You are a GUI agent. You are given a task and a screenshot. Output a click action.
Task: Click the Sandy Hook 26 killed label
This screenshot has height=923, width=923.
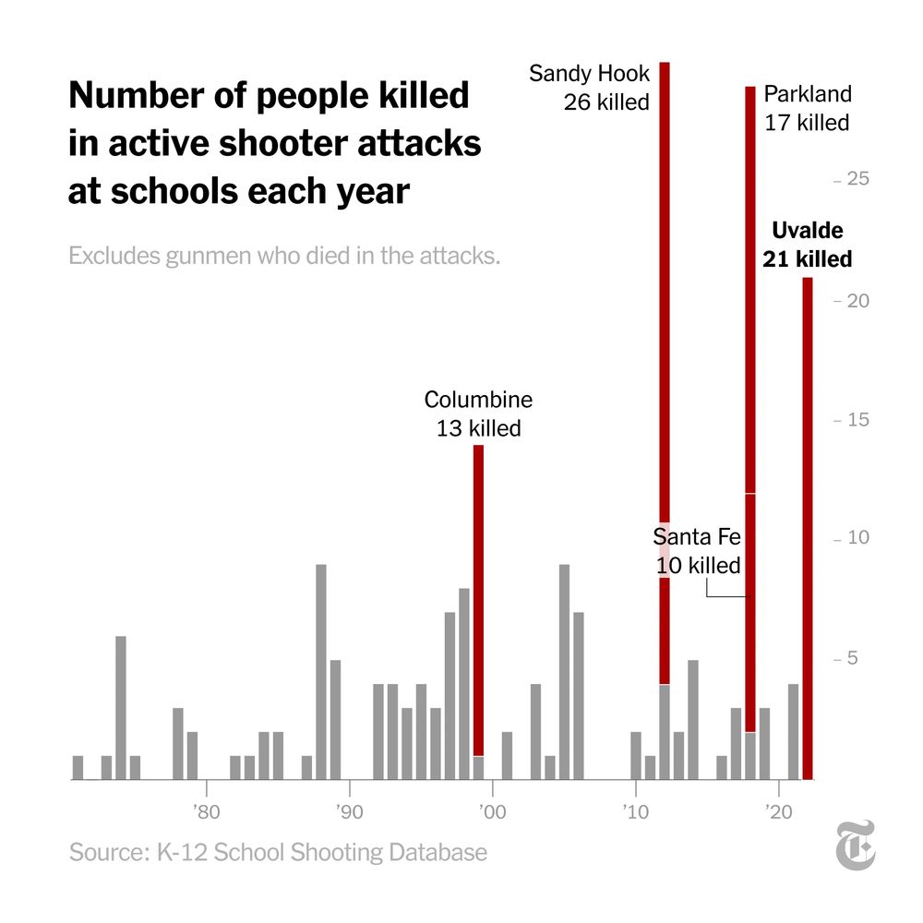[x=590, y=88]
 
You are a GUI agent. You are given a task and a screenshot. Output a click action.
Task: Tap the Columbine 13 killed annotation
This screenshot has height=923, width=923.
[x=478, y=414]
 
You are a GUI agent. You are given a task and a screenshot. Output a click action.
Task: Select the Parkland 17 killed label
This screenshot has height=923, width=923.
[x=808, y=108]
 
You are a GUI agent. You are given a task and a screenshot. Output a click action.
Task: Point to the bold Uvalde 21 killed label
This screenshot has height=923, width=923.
[x=808, y=246]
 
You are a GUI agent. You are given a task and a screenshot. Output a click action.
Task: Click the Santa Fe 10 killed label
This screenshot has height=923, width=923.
[x=698, y=551]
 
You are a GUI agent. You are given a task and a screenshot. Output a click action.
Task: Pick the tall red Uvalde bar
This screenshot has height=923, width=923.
[x=808, y=526]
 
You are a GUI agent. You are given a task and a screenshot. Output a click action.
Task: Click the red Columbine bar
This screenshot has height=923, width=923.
[x=478, y=600]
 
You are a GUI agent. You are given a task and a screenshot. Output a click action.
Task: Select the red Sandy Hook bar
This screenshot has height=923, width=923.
[x=665, y=369]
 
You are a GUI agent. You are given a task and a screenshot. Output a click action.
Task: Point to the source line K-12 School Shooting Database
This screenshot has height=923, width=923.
[x=278, y=852]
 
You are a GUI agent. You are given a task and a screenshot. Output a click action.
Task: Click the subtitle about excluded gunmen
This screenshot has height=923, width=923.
[x=284, y=255]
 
